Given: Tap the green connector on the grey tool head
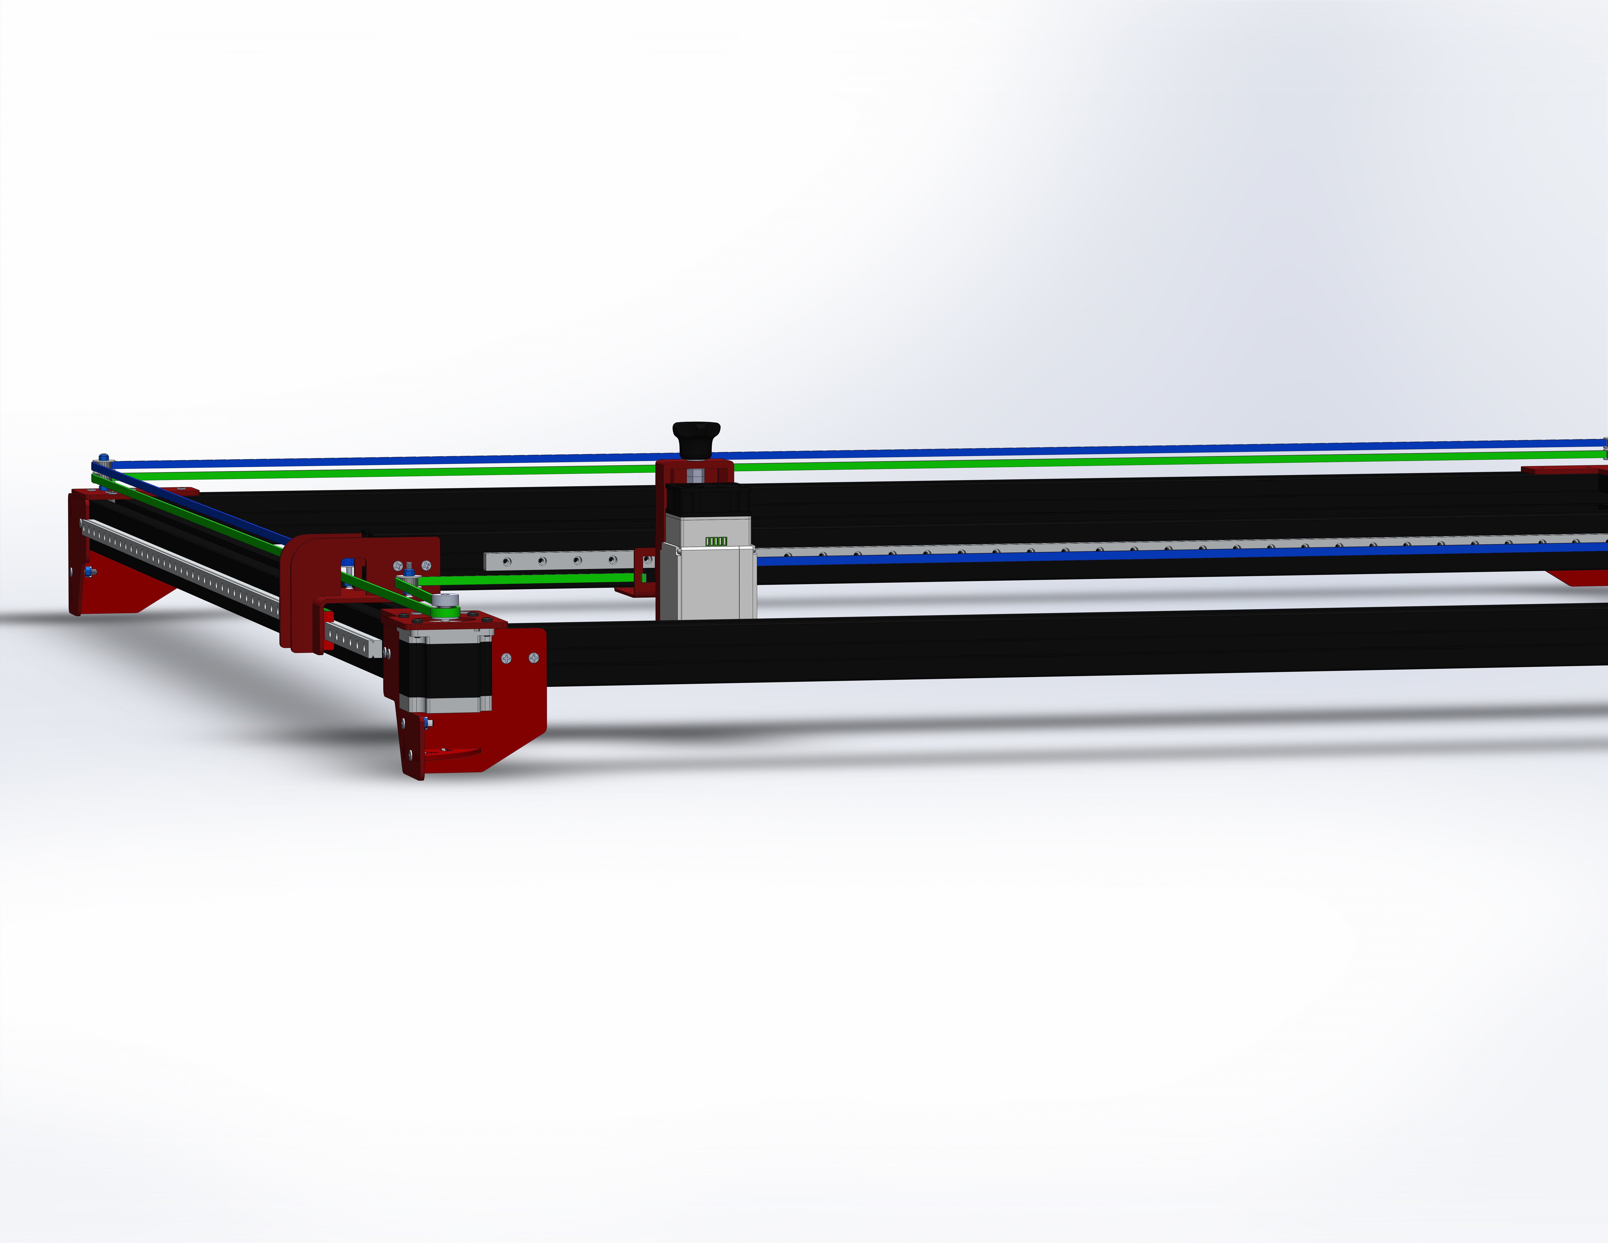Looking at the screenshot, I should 716,541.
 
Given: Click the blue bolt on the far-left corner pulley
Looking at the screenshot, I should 103,458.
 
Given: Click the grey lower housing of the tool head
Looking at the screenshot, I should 707,582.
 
